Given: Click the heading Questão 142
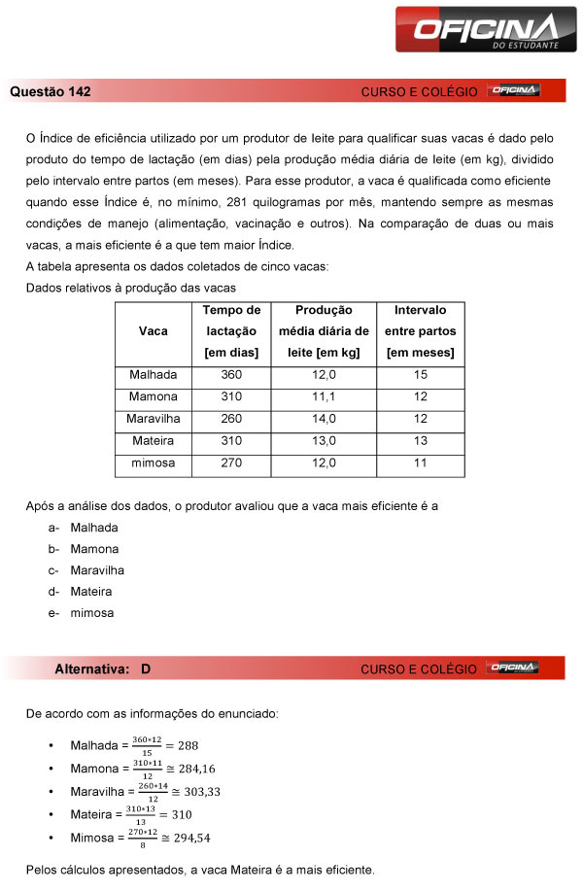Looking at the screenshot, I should [x=51, y=91].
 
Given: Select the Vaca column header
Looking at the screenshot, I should [x=153, y=331].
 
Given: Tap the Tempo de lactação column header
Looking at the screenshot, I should [x=231, y=331].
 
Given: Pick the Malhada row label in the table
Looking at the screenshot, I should [x=153, y=375].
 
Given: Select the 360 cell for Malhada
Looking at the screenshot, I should [x=231, y=375].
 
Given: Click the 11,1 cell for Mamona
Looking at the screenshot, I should [x=324, y=397].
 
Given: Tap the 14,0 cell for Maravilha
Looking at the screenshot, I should [x=324, y=420].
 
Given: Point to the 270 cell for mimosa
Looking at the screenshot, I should [x=231, y=464].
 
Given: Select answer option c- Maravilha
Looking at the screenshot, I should [x=96, y=570].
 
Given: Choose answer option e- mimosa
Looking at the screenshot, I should [x=91, y=613].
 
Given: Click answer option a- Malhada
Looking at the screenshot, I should [x=93, y=528].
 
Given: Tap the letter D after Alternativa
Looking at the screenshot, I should [x=145, y=668].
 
